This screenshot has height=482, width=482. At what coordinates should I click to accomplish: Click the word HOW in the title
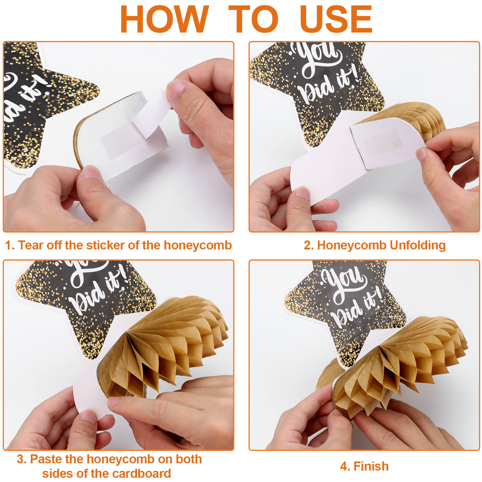[164, 19]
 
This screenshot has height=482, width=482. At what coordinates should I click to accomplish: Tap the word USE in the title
[336, 19]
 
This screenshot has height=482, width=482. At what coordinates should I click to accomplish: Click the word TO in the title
[253, 19]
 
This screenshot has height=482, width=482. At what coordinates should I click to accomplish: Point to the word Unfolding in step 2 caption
[418, 246]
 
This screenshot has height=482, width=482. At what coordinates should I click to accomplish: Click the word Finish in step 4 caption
[371, 466]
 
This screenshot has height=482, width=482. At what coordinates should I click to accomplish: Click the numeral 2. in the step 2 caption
[309, 246]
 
